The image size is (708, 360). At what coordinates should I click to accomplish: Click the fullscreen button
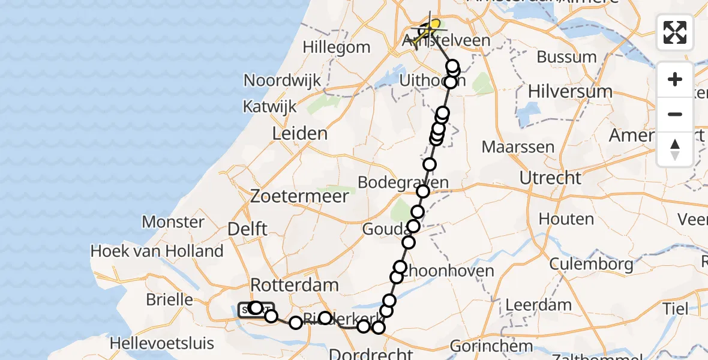pyautogui.click(x=675, y=32)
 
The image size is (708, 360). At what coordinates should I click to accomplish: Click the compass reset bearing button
pyautogui.click(x=675, y=149)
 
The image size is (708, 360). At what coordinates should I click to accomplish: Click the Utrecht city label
pyautogui.click(x=550, y=178)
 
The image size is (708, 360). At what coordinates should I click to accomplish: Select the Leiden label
pyautogui.click(x=300, y=133)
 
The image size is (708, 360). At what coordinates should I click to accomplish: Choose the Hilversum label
pyautogui.click(x=570, y=92)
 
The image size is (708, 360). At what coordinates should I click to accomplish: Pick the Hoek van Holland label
pyautogui.click(x=157, y=251)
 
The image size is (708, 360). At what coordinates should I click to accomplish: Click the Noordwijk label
pyautogui.click(x=282, y=80)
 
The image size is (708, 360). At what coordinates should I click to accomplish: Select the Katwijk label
pyautogui.click(x=269, y=107)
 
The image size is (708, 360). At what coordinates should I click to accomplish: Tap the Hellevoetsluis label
pyautogui.click(x=163, y=343)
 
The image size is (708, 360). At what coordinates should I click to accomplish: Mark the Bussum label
pyautogui.click(x=566, y=58)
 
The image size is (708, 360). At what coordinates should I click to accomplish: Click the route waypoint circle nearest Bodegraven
pyautogui.click(x=423, y=191)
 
